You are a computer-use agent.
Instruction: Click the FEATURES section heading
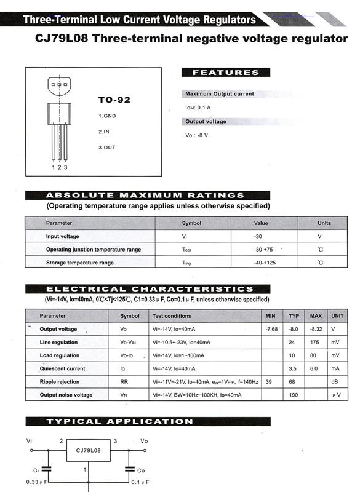(226, 73)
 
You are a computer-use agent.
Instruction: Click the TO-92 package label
(114, 100)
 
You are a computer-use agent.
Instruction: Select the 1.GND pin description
(107, 116)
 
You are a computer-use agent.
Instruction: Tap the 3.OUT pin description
(107, 148)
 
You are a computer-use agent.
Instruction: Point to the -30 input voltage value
(258, 236)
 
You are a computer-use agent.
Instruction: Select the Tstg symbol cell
(187, 263)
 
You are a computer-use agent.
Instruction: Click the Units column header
(324, 223)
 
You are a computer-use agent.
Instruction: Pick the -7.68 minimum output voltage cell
(271, 329)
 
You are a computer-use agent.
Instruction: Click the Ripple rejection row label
(59, 382)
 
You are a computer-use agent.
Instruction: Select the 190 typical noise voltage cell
(294, 395)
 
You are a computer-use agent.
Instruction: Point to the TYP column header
(294, 316)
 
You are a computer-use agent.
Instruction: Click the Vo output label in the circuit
(143, 441)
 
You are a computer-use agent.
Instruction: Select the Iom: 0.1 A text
(198, 108)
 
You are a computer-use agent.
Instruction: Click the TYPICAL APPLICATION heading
(119, 421)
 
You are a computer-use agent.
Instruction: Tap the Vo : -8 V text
(197, 135)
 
